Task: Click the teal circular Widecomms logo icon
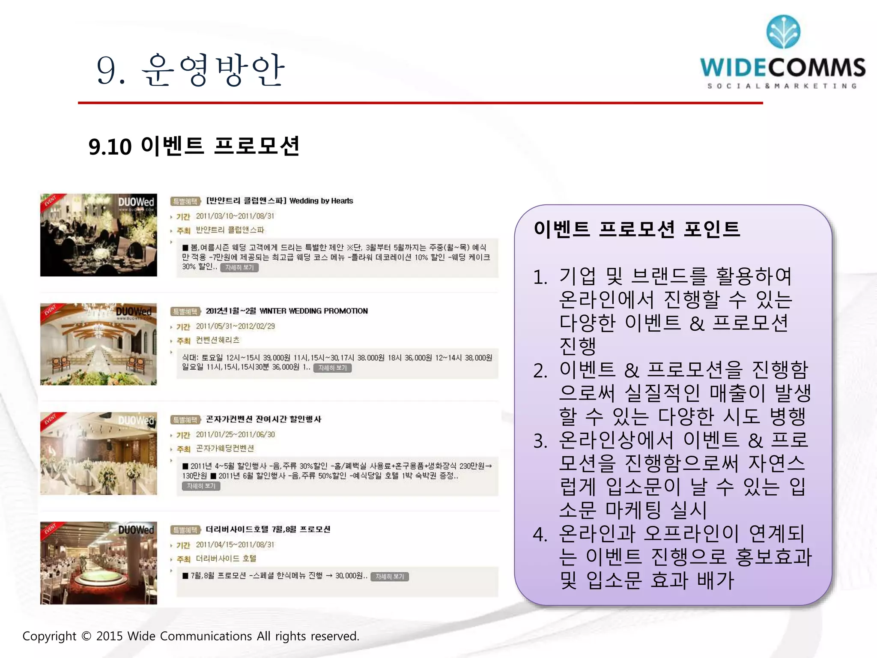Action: pyautogui.click(x=783, y=32)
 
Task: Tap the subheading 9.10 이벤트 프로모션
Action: pyautogui.click(x=194, y=146)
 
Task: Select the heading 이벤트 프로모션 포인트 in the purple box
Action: pyautogui.click(x=637, y=229)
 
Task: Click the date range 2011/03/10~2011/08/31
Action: pyautogui.click(x=235, y=216)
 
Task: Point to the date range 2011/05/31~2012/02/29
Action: pyautogui.click(x=235, y=326)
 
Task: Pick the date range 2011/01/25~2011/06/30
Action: pyautogui.click(x=235, y=434)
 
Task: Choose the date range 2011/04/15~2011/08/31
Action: pyautogui.click(x=235, y=544)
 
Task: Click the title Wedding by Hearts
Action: pyautogui.click(x=321, y=200)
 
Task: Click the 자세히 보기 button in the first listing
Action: pyautogui.click(x=239, y=267)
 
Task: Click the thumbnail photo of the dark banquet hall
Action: pyautogui.click(x=98, y=235)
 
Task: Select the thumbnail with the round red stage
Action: pyautogui.click(x=98, y=563)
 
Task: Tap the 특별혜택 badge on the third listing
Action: pyautogui.click(x=185, y=419)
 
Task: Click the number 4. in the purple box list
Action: pyautogui.click(x=540, y=534)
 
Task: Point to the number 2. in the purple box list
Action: pyautogui.click(x=540, y=371)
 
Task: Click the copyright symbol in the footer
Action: pyautogui.click(x=86, y=636)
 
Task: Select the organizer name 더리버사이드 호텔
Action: pyautogui.click(x=226, y=559)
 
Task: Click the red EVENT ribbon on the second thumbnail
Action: pyautogui.click(x=51, y=310)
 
